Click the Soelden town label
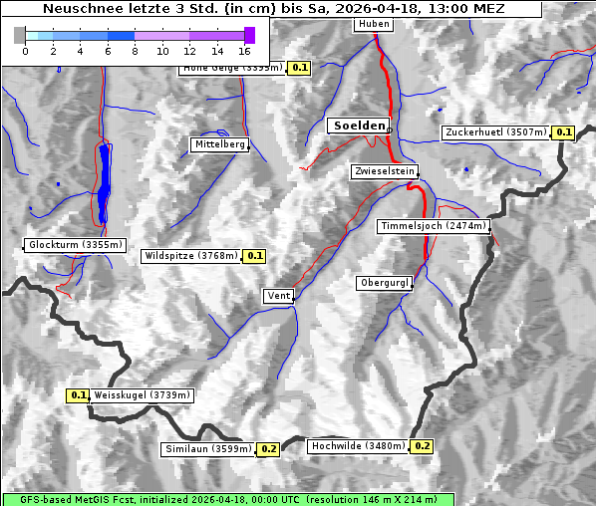[x=357, y=126]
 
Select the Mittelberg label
[x=219, y=144]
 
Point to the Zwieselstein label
[x=384, y=171]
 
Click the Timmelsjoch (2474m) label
[x=434, y=227]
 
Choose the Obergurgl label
[x=384, y=283]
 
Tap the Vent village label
[x=278, y=296]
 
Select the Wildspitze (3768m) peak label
[x=191, y=256]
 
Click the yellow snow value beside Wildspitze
[x=254, y=256]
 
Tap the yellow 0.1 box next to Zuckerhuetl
[x=564, y=132]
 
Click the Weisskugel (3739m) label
[x=142, y=395]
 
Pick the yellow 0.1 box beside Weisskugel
[x=79, y=395]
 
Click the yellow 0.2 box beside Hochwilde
[x=423, y=446]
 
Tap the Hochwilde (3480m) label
[x=358, y=446]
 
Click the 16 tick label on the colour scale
[x=244, y=51]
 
